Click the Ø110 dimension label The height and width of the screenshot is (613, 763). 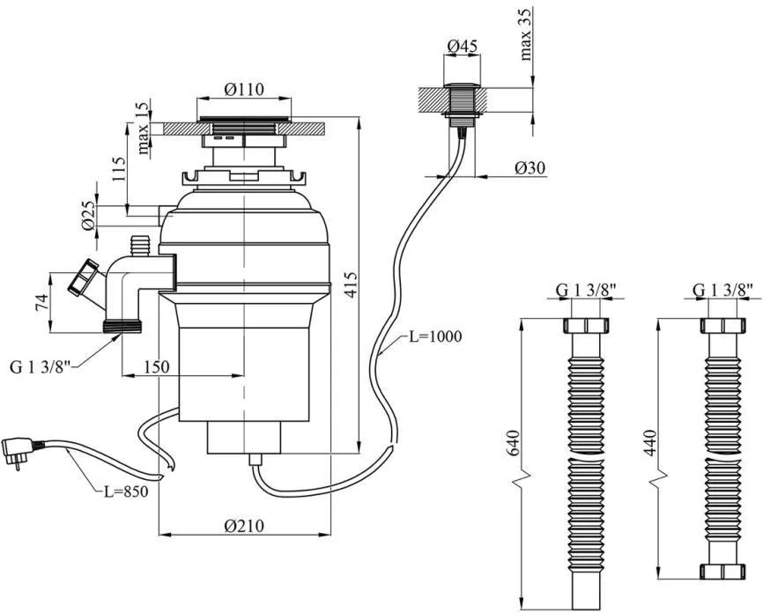tap(244, 90)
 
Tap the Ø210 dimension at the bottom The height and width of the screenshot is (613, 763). tap(244, 526)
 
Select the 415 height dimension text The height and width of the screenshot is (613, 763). tap(351, 286)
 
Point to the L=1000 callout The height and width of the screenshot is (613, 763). tap(434, 336)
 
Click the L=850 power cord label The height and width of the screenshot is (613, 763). tap(125, 491)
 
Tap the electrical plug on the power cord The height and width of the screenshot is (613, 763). tap(19, 452)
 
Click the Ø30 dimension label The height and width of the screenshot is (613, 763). tap(530, 168)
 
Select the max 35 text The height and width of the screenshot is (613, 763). tap(526, 34)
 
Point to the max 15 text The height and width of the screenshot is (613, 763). tap(143, 128)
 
